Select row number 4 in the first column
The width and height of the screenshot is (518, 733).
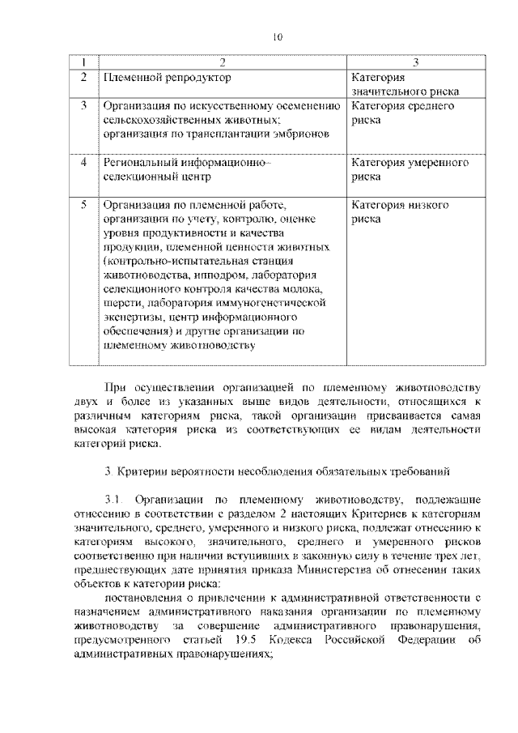(x=83, y=162)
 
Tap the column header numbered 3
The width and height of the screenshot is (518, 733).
(x=415, y=62)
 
